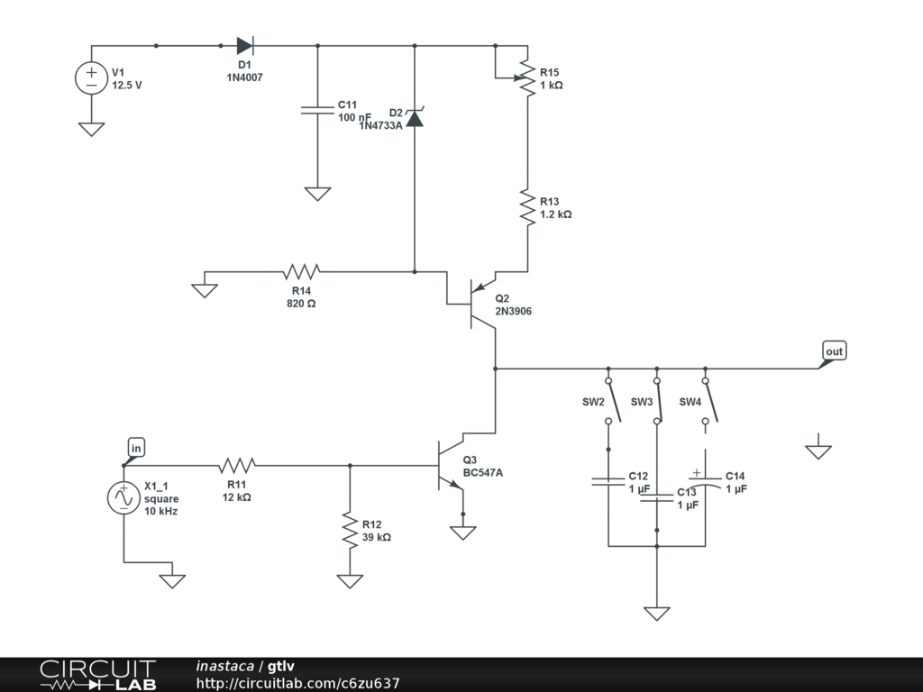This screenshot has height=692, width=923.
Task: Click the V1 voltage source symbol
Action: tap(91, 78)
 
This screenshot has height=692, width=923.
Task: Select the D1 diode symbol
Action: tap(244, 46)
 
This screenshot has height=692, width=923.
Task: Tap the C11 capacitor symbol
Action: tap(317, 109)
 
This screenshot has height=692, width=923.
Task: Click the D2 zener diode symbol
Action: tap(414, 117)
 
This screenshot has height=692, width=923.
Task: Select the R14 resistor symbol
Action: tap(302, 271)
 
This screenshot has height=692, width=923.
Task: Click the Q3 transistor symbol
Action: tap(448, 466)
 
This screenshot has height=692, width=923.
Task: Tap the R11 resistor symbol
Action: tap(237, 466)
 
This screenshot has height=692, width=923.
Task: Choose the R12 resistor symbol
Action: tap(350, 530)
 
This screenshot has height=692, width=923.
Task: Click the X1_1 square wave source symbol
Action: tap(123, 498)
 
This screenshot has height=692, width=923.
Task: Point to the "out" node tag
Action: tap(835, 351)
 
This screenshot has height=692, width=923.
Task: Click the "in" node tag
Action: tap(136, 448)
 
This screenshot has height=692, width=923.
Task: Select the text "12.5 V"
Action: tap(127, 86)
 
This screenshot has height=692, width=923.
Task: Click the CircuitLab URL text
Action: tap(297, 684)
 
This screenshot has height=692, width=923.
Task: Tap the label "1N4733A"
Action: tap(380, 126)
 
